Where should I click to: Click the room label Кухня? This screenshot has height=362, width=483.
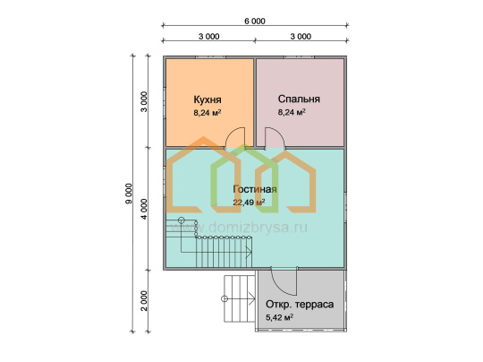pyautogui.click(x=208, y=99)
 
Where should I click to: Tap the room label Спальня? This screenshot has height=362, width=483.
pyautogui.click(x=299, y=99)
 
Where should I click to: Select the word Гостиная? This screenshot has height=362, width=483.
pyautogui.click(x=255, y=189)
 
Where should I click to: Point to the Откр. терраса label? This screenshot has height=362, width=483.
pyautogui.click(x=300, y=305)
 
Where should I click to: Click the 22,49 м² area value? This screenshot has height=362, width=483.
pyautogui.click(x=249, y=203)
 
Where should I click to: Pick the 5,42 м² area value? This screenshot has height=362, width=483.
pyautogui.click(x=279, y=317)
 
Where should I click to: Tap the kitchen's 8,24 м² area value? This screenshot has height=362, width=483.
pyautogui.click(x=208, y=113)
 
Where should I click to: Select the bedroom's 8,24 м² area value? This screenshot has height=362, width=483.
pyautogui.click(x=292, y=112)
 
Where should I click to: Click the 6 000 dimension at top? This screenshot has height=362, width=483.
pyautogui.click(x=255, y=21)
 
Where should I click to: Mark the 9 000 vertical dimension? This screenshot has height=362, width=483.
pyautogui.click(x=129, y=194)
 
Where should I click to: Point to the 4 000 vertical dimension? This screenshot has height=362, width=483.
pyautogui.click(x=144, y=209)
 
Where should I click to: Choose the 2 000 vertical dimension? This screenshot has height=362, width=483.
pyautogui.click(x=144, y=301)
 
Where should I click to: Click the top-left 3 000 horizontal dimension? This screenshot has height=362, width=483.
pyautogui.click(x=208, y=37)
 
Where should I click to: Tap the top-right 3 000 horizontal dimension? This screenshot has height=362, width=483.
pyautogui.click(x=301, y=37)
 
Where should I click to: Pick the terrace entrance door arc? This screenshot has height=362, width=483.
pyautogui.click(x=278, y=287)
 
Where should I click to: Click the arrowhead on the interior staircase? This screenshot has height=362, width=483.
pyautogui.click(x=249, y=252)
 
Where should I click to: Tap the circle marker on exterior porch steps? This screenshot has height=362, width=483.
pyautogui.click(x=225, y=298)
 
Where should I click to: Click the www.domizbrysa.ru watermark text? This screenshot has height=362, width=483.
pyautogui.click(x=238, y=228)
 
